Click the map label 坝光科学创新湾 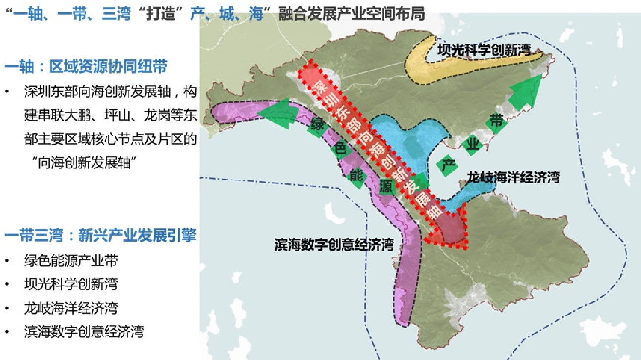click(x=484, y=49)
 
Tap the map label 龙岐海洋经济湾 click(x=513, y=178)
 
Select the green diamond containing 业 click(x=473, y=143)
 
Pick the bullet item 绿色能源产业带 click(x=71, y=261)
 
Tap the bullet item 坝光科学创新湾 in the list click(x=71, y=284)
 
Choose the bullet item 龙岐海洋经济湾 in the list click(x=71, y=308)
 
